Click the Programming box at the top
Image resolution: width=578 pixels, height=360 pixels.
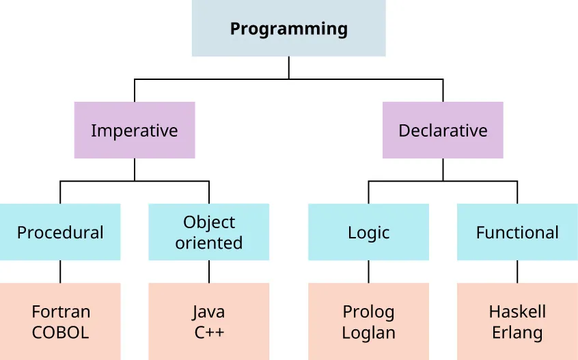click(288, 29)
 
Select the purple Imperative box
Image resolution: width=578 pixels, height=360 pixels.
click(134, 130)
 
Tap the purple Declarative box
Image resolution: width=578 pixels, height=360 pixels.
click(443, 130)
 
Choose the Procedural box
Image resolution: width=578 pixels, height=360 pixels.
click(60, 232)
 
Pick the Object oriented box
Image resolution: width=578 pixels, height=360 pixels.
click(208, 232)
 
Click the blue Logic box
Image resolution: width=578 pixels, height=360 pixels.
click(368, 232)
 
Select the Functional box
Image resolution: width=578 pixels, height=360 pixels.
click(517, 232)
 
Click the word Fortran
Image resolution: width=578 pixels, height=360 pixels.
click(61, 312)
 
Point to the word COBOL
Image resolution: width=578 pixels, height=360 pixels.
click(61, 333)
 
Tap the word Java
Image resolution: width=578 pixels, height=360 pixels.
click(208, 312)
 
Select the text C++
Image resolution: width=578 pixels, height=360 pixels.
click(208, 333)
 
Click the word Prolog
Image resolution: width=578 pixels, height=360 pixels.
click(368, 312)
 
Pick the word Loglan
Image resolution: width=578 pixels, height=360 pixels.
click(368, 333)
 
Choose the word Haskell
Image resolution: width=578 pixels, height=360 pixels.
click(517, 312)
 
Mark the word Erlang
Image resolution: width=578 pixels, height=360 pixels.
click(517, 333)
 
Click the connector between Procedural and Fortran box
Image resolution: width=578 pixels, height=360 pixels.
click(60, 272)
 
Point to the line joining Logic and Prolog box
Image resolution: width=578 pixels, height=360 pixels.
click(368, 272)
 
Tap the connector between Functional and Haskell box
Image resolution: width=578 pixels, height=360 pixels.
click(517, 272)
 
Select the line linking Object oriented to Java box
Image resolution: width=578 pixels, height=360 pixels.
click(208, 272)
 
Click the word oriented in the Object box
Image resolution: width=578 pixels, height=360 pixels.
click(208, 243)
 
